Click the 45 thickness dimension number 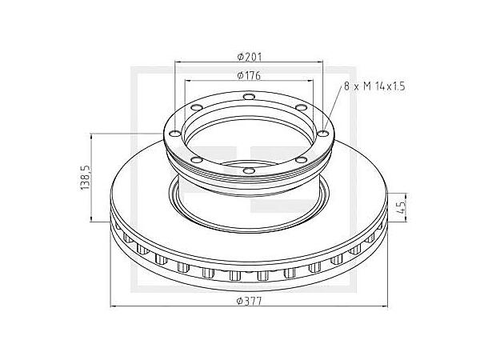tap(405, 206)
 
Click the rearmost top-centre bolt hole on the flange tap(248, 99)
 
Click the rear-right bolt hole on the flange tap(299, 110)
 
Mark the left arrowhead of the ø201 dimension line tap(178, 62)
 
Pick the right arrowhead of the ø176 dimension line tap(314, 82)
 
